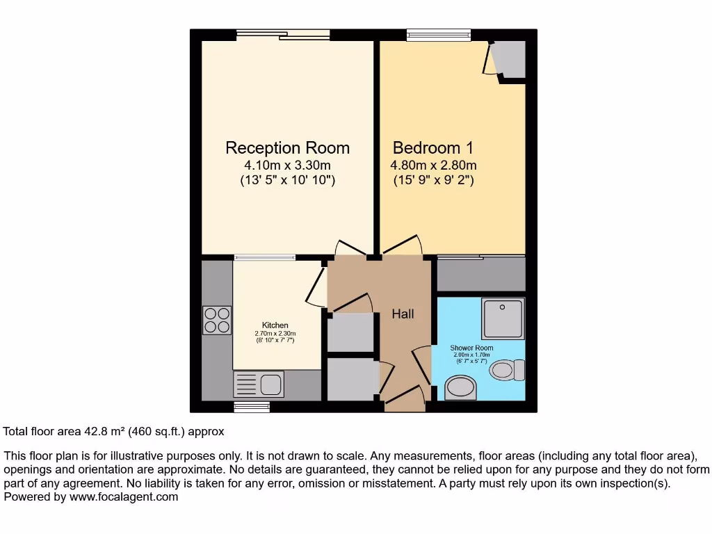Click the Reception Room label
pos(287,148)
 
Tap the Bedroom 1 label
pos(432,148)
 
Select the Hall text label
pos(403,314)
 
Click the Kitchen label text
pos(275,325)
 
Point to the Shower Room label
pos(471,348)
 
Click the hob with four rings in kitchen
pos(218,321)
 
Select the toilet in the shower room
pos(507,369)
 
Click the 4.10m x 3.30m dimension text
pos(287,165)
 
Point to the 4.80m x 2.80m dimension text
pos(432,165)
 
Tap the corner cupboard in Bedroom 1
pos(508,60)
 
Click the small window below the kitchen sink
pos(251,407)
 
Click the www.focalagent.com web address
pos(122,497)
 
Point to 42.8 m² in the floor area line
pos(104,431)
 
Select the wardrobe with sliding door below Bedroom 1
pos(480,273)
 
